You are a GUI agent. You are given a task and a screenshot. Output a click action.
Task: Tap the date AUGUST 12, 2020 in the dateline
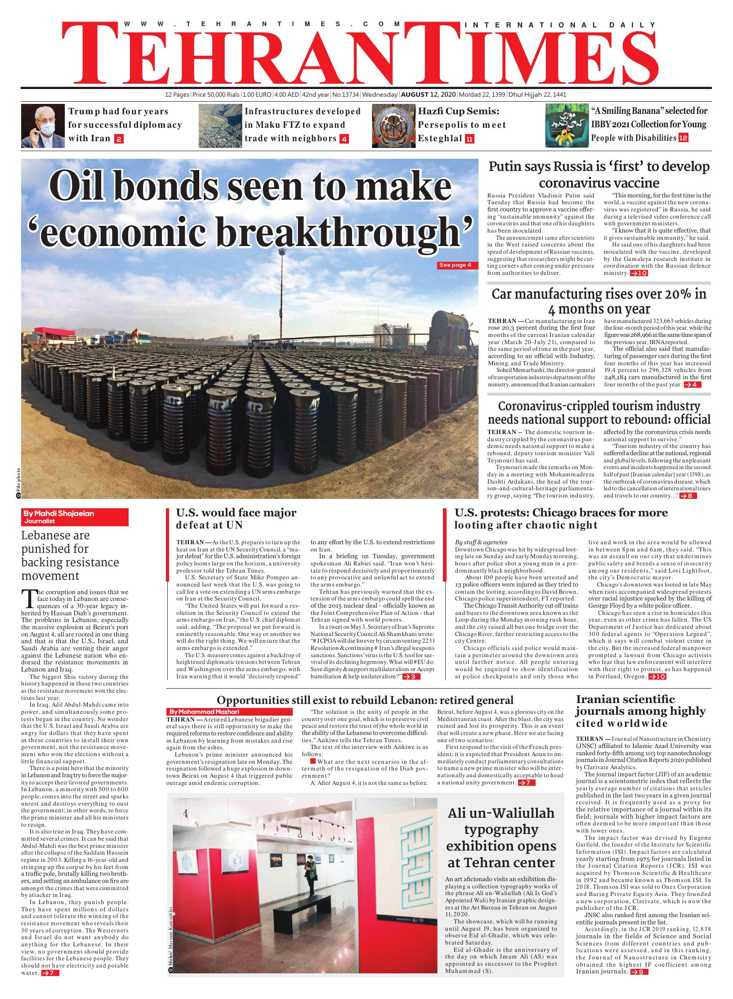pos(428,95)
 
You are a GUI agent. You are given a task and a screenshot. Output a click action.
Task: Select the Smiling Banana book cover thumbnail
pos(566,125)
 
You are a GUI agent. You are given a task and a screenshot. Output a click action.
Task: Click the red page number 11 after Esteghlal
pos(469,139)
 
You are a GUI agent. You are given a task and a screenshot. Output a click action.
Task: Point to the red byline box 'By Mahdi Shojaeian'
pos(75,517)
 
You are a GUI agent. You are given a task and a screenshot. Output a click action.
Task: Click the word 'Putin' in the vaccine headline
pos(506,167)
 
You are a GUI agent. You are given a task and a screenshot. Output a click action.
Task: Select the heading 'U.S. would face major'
pos(236,513)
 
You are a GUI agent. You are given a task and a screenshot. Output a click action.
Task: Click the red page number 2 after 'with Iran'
pos(119,139)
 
